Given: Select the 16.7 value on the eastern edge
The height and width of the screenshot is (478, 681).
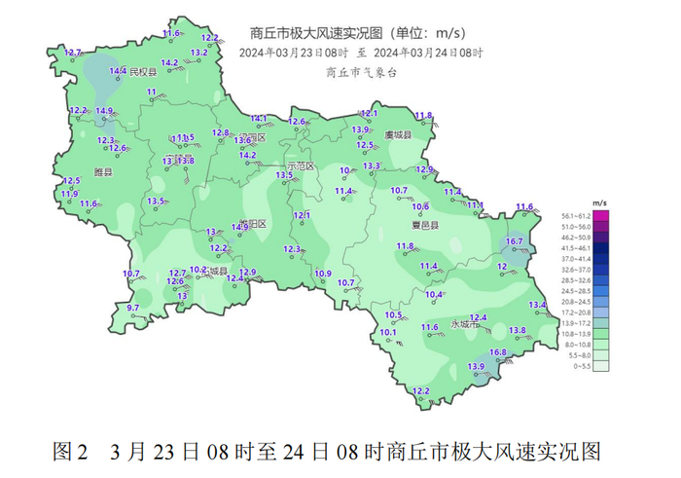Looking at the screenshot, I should pyautogui.click(x=515, y=241).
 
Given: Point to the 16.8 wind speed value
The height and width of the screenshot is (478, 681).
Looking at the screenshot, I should pyautogui.click(x=498, y=352).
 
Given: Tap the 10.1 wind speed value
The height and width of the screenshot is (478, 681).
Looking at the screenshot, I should pyautogui.click(x=388, y=333).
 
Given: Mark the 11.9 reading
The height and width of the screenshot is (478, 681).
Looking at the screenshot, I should pyautogui.click(x=69, y=194).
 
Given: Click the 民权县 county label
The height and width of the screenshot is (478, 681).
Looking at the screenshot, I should pyautogui.click(x=144, y=72).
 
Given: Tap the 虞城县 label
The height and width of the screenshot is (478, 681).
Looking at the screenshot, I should pyautogui.click(x=398, y=135).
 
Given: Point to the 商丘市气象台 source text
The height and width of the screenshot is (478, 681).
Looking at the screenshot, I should pyautogui.click(x=362, y=72).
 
